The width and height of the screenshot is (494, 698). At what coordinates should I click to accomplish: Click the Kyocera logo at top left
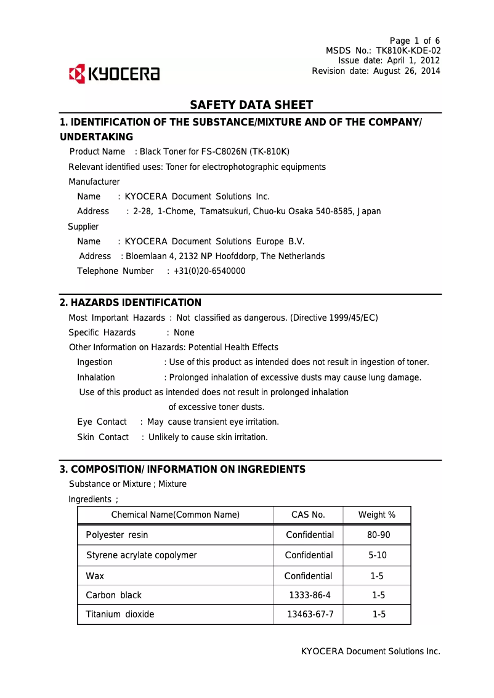point(114,74)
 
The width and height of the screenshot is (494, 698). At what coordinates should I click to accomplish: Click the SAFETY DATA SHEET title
point(251,105)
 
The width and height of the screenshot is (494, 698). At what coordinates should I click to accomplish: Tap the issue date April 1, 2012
point(413,60)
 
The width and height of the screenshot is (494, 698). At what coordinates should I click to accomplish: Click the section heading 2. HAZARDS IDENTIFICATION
point(131,303)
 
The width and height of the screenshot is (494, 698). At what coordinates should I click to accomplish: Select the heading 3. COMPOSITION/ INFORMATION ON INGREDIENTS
point(182,470)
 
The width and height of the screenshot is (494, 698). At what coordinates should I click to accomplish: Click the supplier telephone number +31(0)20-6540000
point(209,271)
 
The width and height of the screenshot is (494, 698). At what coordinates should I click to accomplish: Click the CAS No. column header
point(308,515)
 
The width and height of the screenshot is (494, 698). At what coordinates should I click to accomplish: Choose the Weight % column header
point(377,515)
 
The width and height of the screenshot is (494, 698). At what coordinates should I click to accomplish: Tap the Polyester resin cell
point(117,535)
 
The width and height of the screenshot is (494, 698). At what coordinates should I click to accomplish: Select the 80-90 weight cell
point(378,535)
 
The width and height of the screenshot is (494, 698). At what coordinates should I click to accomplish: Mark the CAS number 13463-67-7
point(310,614)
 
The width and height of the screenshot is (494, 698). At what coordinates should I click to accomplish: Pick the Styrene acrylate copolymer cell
point(142,555)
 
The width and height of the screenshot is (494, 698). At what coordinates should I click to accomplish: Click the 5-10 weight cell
point(378,555)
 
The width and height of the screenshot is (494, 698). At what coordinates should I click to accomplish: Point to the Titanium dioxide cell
point(120,614)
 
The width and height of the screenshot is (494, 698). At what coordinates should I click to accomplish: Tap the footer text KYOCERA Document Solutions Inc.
point(370,651)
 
